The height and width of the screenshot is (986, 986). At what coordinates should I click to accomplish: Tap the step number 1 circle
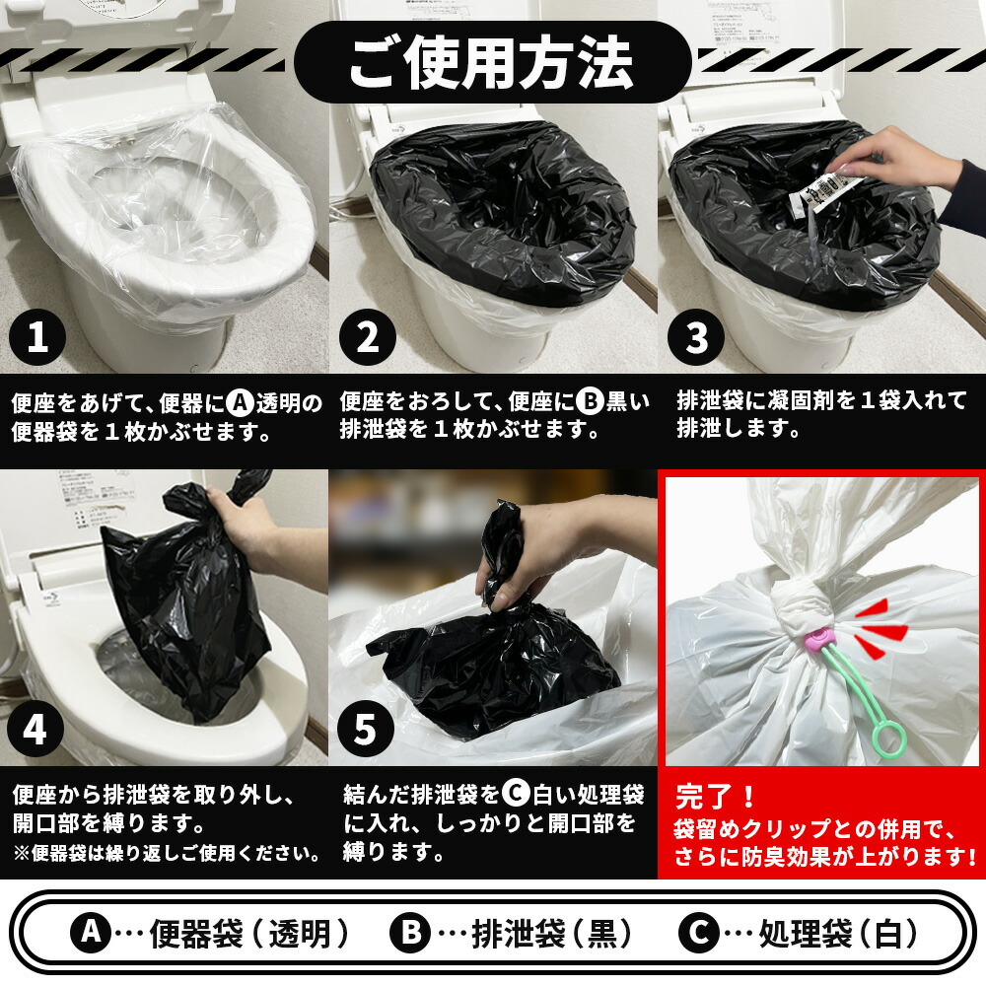coord(37,338)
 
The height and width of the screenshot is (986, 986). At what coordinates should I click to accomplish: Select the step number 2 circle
coord(368,338)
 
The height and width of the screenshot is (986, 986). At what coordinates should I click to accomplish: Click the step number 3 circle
coord(696,338)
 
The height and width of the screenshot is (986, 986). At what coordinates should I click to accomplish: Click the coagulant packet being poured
coord(816,191)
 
